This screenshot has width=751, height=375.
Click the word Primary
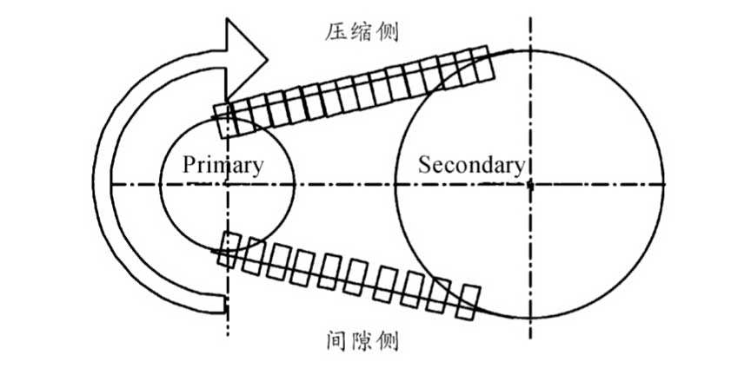coord(223,165)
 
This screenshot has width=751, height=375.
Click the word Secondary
coord(471,164)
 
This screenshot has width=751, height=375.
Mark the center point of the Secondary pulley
coord(529,184)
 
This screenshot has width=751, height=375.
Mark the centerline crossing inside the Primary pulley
coord(227,184)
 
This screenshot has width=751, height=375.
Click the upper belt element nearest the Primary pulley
coord(223,121)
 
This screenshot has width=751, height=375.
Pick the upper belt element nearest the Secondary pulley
coord(481,63)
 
